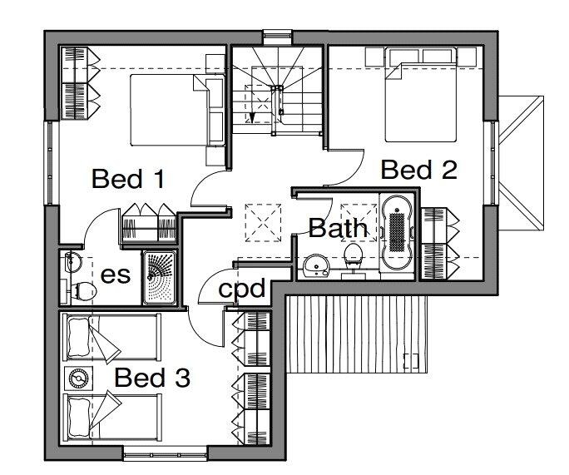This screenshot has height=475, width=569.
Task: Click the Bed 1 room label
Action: pyautogui.click(x=127, y=179)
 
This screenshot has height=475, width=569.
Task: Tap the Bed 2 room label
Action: pyautogui.click(x=418, y=171)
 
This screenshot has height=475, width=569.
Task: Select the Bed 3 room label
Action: pyautogui.click(x=152, y=379)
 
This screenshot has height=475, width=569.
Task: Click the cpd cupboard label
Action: pyautogui.click(x=241, y=289)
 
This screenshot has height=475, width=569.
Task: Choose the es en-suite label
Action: pyautogui.click(x=116, y=275)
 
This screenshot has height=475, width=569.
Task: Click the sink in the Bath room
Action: pyautogui.click(x=316, y=265)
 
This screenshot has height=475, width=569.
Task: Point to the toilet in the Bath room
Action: pyautogui.click(x=354, y=257)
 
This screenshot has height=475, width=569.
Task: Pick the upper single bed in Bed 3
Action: pyautogui.click(x=112, y=337)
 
